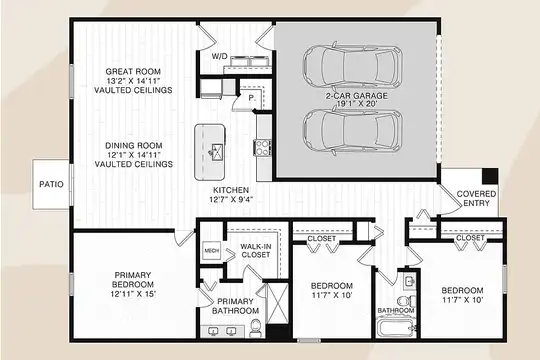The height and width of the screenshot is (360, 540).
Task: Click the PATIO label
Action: coord(51,184)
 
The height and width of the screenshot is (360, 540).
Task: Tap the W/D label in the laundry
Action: coord(219,56)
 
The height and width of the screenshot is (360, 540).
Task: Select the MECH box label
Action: coord(211,251)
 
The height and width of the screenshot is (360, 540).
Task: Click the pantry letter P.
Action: coord(252,98)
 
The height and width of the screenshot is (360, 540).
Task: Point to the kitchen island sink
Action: coord(217,152)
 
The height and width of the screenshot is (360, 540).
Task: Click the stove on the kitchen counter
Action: coord(263,147)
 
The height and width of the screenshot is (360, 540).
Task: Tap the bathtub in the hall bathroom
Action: coord(395,327)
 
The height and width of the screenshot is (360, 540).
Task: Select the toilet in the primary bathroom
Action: coord(255,328)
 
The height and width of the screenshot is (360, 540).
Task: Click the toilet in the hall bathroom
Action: coord(407,300)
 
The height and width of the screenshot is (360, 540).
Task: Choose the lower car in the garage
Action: coord(353,132)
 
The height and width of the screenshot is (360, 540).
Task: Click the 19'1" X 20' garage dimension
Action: coord(356,104)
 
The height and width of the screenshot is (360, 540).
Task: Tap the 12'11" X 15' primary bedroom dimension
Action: coord(133,294)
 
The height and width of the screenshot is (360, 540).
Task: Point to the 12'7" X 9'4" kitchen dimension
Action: coord(233,199)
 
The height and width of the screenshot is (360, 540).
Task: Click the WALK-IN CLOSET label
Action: coord(256,250)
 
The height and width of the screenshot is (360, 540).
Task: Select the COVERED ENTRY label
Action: coord(476,198)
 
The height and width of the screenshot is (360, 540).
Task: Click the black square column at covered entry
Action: coord(490,176)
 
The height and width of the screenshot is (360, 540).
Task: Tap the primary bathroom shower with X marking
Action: coord(277,303)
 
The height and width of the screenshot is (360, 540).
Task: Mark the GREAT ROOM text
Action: coord(133,72)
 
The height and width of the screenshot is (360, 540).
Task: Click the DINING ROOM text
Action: coord(134,145)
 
